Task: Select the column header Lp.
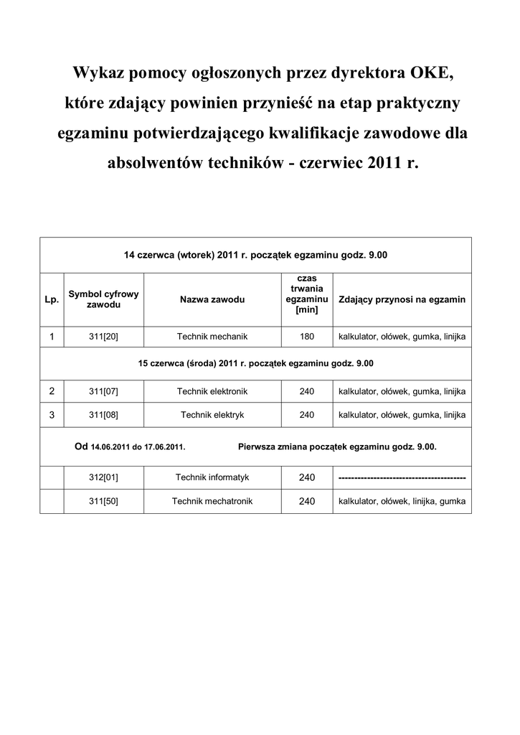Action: (x=52, y=299)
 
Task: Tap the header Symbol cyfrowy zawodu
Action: (x=103, y=299)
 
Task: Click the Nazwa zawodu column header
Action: (x=212, y=299)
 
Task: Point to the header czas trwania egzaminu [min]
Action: (x=306, y=294)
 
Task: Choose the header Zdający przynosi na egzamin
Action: (x=402, y=299)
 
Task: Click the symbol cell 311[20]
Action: (x=103, y=336)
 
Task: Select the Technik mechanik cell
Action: (x=212, y=336)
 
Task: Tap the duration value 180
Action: (x=307, y=336)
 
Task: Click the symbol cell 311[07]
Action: (x=103, y=391)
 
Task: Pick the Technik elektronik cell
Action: (x=212, y=391)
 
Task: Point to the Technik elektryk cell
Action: (x=212, y=415)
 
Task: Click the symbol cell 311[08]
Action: (x=103, y=415)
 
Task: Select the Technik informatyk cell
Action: (x=212, y=477)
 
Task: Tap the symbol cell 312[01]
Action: (x=103, y=477)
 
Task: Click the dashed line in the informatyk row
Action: (x=402, y=478)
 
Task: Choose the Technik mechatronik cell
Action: (x=212, y=501)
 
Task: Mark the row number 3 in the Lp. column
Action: (x=52, y=415)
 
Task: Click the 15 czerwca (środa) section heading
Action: (x=255, y=364)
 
